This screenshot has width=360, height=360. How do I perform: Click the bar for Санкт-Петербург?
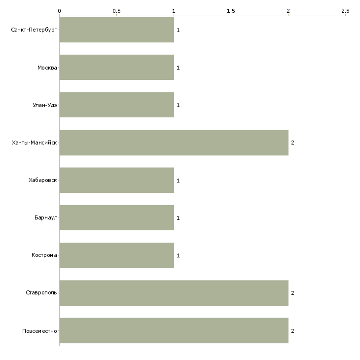117,30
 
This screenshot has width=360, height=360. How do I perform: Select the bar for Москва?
117,67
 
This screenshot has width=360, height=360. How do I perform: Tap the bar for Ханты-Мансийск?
174,143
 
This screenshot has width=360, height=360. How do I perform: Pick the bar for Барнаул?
117,217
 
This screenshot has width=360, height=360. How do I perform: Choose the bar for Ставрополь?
174,293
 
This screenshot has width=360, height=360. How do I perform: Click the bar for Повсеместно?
174,330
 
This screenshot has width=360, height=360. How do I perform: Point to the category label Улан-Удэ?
45,105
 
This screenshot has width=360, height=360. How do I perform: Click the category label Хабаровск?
43,180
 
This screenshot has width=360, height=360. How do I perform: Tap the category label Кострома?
44,255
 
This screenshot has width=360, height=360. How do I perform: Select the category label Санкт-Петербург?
34,30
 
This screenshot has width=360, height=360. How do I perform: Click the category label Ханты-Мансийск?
35,143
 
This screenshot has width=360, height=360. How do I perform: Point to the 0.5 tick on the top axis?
117,15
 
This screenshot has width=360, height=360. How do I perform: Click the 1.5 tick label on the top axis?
231,11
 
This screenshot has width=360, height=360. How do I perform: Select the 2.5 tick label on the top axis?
345,11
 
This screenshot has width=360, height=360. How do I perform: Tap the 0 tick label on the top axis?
60,11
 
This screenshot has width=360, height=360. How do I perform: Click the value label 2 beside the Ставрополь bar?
292,293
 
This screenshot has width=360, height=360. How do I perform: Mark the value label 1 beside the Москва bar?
178,68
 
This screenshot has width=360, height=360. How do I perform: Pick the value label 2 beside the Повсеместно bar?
292,331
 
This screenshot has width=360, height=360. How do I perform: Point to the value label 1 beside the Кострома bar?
178,255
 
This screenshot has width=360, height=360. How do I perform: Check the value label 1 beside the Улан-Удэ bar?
178,105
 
